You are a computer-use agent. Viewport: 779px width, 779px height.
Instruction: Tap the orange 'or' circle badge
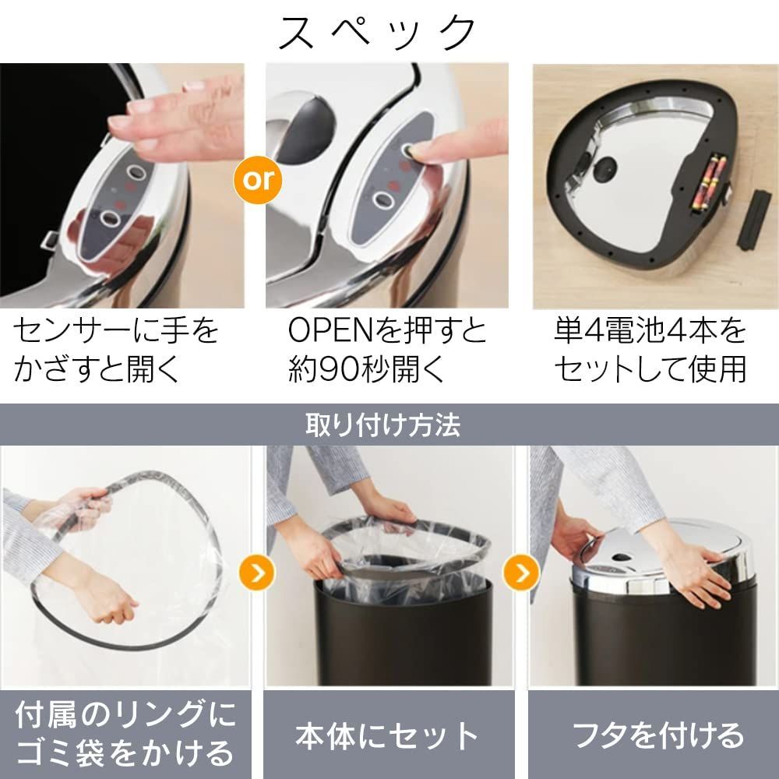[258, 180]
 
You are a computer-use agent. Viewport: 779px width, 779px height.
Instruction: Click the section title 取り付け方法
[383, 425]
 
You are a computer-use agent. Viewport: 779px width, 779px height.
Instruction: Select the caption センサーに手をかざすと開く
[115, 350]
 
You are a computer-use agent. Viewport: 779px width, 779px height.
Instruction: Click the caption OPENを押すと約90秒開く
[387, 350]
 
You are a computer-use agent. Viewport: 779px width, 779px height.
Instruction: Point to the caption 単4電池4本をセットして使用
[650, 350]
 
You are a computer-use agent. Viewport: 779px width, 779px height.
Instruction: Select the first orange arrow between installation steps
[257, 573]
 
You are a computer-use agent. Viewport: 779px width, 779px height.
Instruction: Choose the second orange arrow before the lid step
[521, 573]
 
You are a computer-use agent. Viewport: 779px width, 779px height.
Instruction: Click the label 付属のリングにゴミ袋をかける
[125, 734]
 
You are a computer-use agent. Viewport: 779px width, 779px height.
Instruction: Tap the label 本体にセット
[387, 735]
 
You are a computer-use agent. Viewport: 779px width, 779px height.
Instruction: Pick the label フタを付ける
[658, 735]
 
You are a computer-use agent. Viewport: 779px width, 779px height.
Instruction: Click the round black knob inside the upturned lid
[605, 170]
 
